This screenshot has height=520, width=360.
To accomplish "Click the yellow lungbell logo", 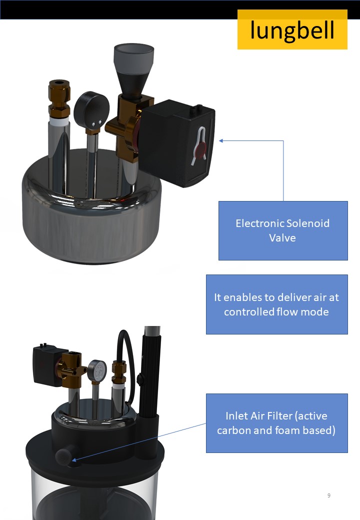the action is (292, 29).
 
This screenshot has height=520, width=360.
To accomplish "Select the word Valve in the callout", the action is (282, 238).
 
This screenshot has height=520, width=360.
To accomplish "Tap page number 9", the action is (329, 495).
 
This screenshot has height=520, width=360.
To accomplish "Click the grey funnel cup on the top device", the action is (133, 54).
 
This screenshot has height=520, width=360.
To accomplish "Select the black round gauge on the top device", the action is (91, 108).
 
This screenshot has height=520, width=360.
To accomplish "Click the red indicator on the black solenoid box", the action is (201, 148).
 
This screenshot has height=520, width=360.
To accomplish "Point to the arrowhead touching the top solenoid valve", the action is (221, 140).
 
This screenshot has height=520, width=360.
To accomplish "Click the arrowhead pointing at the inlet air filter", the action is (74, 460).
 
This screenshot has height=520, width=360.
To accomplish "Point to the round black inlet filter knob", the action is (63, 456).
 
